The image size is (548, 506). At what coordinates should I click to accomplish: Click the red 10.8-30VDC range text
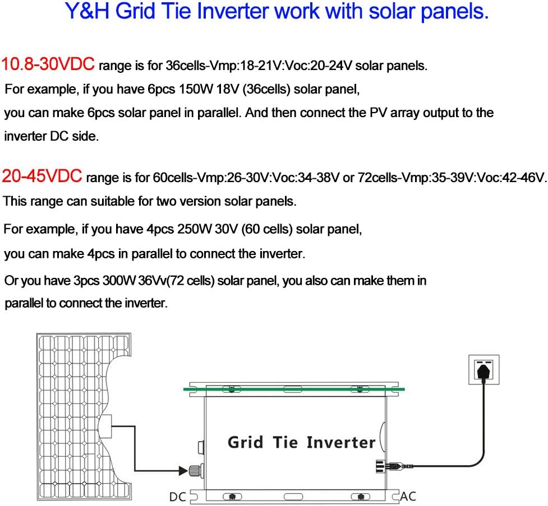point(48,64)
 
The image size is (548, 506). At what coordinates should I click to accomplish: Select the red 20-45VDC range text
point(43,177)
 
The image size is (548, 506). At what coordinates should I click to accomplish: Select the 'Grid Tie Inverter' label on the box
point(301,442)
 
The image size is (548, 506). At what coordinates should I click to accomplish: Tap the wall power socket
point(483,370)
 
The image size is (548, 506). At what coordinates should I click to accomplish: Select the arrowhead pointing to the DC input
point(182,470)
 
